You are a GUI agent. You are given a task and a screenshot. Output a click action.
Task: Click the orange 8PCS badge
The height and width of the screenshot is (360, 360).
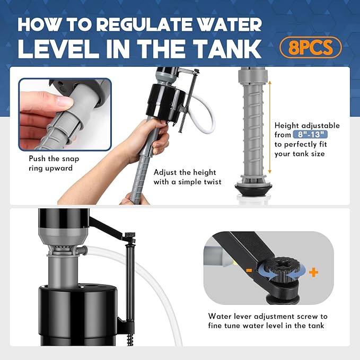click(x=310, y=47)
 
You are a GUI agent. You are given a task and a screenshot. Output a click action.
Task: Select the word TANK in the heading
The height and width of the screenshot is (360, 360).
click(x=227, y=49)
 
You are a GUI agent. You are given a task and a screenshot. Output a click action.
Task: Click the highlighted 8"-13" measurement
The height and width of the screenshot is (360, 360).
click(x=310, y=135)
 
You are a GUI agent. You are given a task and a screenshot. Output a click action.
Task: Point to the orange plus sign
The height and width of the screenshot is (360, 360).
click(x=313, y=273)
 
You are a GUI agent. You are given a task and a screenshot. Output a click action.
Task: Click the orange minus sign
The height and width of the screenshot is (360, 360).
click(x=249, y=270)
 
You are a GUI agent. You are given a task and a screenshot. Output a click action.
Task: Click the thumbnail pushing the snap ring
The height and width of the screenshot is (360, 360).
click(x=65, y=115)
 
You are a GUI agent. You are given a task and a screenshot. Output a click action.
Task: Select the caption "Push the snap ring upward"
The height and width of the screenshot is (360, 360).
click(x=54, y=163)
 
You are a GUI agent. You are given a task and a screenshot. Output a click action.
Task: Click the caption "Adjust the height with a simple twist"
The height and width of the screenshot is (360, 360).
click(x=187, y=177)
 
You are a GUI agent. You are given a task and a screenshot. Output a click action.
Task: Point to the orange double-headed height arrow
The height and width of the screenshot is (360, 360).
click(x=270, y=127)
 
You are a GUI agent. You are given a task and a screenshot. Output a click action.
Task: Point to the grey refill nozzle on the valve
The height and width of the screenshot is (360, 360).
click(x=83, y=249)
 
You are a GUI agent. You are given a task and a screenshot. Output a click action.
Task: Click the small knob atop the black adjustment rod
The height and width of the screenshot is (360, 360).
click(x=130, y=235)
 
